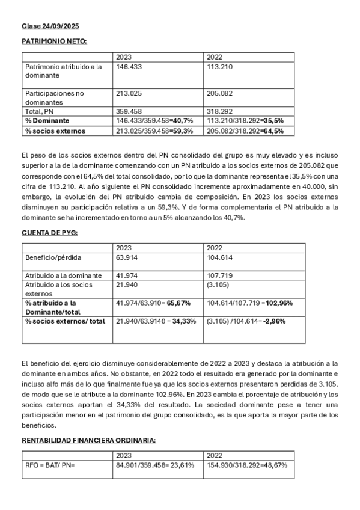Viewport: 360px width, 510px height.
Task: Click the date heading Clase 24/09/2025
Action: click(50, 27)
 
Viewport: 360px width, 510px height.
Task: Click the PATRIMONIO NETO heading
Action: click(54, 41)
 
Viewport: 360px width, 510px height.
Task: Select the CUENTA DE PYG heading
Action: click(50, 232)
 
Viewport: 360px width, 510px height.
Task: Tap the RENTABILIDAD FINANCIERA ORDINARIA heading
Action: click(88, 440)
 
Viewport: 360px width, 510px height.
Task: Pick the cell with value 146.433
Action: click(129, 67)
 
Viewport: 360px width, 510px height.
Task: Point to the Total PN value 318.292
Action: click(219, 111)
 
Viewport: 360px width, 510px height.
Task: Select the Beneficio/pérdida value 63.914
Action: click(127, 257)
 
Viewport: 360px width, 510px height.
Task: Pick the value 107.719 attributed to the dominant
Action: click(219, 275)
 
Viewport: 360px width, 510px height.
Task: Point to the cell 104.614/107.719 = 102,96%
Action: click(249, 303)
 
